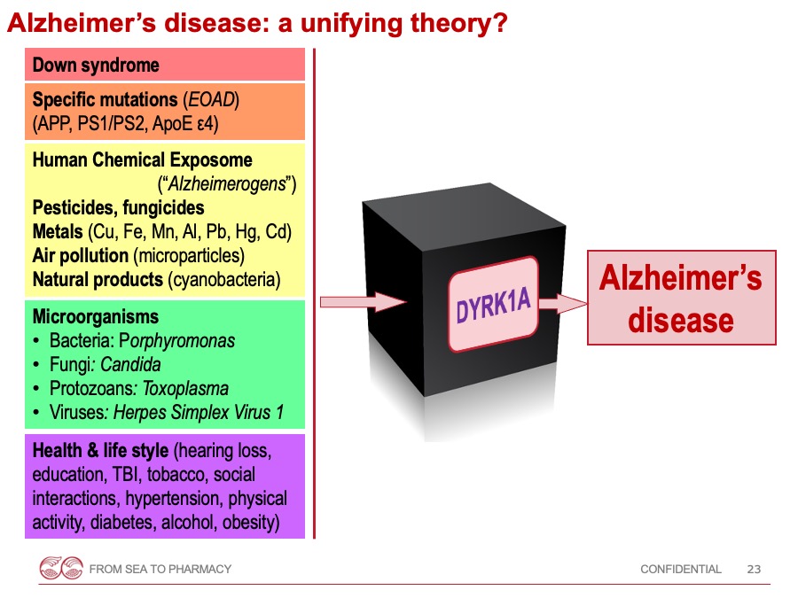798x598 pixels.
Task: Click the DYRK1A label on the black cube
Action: (493, 305)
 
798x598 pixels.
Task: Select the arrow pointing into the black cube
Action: (363, 302)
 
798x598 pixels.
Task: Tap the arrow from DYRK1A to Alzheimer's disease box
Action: (563, 304)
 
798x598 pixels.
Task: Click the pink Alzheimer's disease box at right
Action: (682, 298)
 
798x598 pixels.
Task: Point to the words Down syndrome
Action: (96, 65)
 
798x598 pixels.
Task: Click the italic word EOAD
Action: (211, 99)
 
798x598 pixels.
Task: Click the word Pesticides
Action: (74, 207)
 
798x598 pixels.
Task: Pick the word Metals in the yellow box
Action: (58, 231)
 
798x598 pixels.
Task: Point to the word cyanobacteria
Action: (224, 280)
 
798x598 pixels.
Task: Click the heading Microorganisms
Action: (96, 317)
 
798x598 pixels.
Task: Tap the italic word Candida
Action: (131, 365)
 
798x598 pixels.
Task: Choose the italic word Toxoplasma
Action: (185, 389)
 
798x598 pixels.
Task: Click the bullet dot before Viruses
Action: (35, 412)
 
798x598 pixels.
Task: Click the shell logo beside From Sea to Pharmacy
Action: (61, 568)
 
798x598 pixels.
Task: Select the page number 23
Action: (754, 569)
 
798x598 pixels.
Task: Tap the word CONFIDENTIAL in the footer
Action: (680, 569)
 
